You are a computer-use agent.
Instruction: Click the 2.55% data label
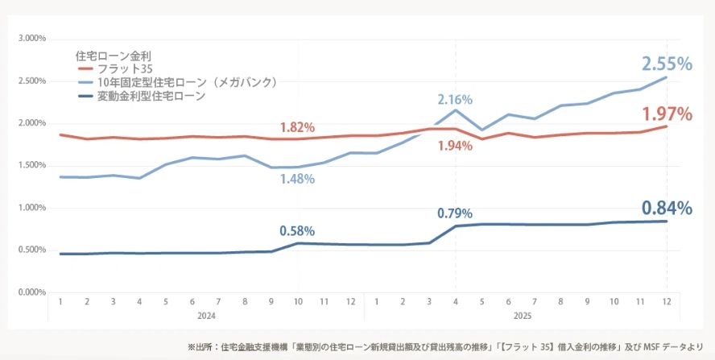point(667,64)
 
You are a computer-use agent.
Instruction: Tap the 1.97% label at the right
point(667,114)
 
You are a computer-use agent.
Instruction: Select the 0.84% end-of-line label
point(667,208)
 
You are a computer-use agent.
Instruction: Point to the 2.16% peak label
point(455,100)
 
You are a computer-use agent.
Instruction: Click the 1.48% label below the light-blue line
point(297,178)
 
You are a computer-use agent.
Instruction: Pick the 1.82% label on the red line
point(297,127)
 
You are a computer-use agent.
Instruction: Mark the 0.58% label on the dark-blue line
point(297,231)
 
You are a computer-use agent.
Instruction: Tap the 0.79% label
point(455,213)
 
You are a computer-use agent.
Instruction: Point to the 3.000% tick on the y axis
point(31,38)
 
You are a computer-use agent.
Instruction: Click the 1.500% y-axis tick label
point(31,165)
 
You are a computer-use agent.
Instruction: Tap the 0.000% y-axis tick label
point(31,292)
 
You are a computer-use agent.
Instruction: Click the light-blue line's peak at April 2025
point(456,110)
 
